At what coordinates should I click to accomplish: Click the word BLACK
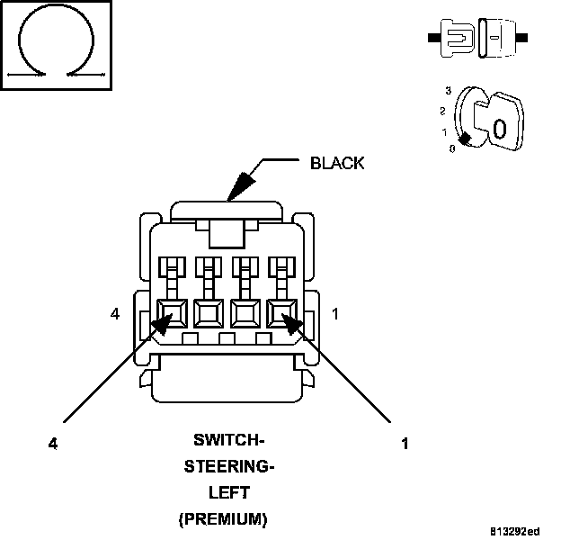(337, 163)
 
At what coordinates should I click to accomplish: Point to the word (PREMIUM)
(223, 519)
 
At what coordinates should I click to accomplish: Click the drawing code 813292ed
(515, 530)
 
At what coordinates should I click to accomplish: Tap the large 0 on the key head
(500, 128)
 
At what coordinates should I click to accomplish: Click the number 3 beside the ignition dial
(447, 91)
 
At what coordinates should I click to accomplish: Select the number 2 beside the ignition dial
(442, 111)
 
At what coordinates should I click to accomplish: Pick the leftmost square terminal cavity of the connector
(171, 315)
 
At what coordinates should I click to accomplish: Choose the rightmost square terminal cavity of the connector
(284, 315)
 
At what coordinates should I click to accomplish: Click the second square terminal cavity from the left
(209, 315)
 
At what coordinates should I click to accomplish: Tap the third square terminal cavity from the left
(246, 315)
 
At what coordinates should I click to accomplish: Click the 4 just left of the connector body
(115, 314)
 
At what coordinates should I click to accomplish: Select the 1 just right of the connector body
(335, 314)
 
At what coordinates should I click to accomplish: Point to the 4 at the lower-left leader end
(53, 443)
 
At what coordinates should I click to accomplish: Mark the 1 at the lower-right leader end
(405, 443)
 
